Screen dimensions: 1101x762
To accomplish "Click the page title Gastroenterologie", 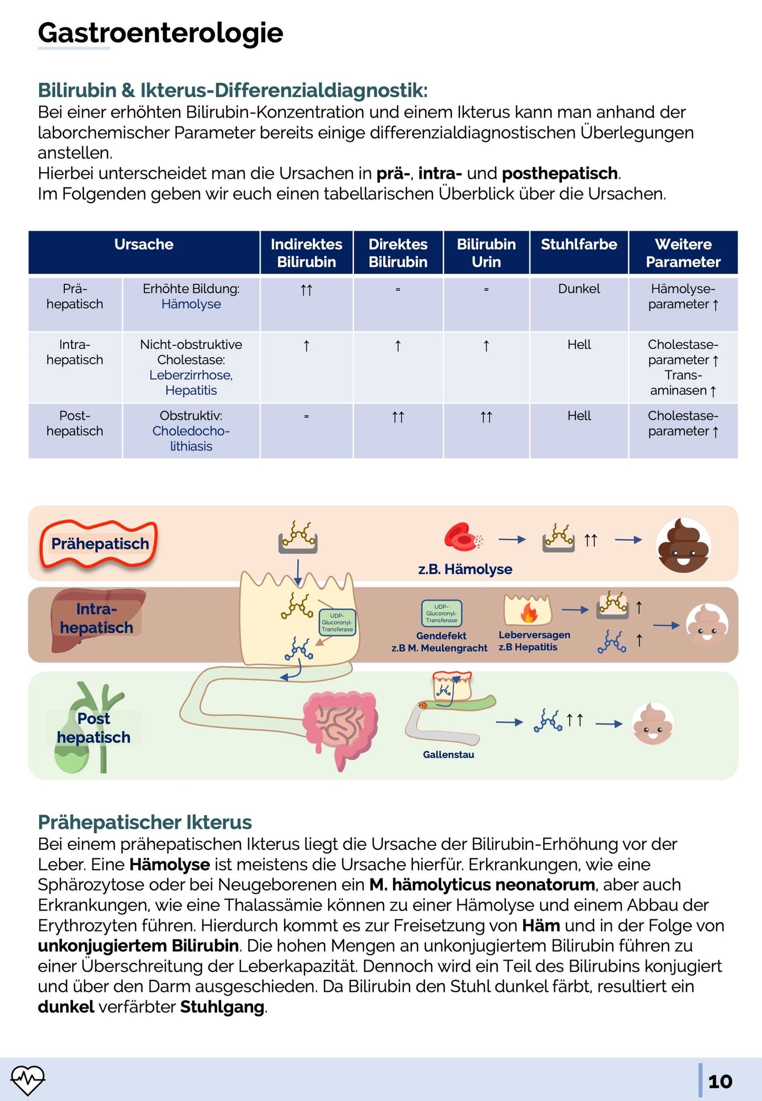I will (x=160, y=33).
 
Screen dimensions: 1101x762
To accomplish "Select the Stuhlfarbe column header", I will (x=578, y=245).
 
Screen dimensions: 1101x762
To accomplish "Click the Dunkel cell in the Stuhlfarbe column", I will (x=578, y=289).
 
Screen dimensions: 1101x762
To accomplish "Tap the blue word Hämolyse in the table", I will (x=191, y=304).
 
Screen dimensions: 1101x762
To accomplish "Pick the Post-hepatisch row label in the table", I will (x=75, y=423).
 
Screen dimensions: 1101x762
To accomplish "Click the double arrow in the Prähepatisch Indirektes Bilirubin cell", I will (x=306, y=290).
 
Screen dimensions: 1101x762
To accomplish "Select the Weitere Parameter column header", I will (x=683, y=253).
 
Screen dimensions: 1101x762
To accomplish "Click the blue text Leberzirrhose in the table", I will (x=191, y=375).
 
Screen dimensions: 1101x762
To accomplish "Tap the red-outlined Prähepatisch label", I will (x=100, y=544).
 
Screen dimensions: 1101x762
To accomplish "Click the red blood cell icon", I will (x=462, y=538).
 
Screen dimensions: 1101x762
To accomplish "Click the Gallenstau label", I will (x=448, y=755).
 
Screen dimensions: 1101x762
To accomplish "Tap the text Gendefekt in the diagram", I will (x=441, y=636).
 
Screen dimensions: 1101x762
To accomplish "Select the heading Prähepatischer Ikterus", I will (x=144, y=822).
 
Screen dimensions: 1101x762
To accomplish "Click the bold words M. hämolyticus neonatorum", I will (x=482, y=885).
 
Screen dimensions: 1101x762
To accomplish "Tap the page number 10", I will (x=720, y=1081).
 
